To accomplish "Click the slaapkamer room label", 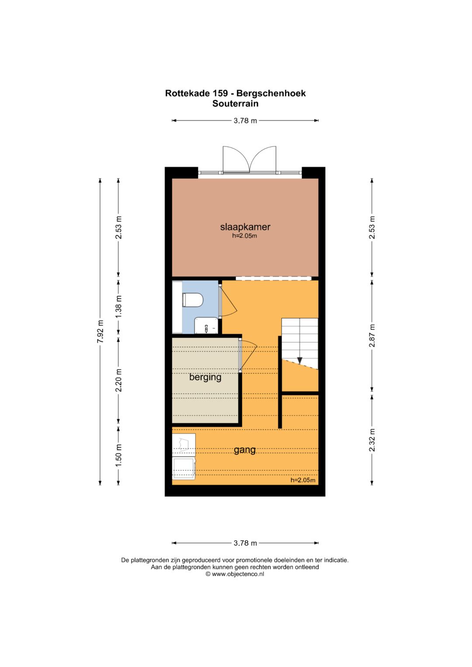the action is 245,227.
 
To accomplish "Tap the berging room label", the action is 205,377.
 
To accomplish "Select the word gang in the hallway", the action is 245,450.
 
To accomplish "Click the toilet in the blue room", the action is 192,300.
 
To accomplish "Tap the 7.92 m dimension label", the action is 101,332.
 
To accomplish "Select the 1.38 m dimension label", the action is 118,306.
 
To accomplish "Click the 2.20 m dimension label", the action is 118,380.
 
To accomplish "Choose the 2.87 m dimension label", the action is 372,335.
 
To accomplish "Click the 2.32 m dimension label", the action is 372,440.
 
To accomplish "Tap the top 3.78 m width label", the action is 245,121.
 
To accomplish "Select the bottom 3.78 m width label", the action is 245,543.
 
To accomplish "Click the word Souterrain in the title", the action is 236,104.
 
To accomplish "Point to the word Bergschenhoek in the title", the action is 271,93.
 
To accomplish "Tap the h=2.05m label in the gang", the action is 303,480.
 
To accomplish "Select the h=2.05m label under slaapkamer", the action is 245,236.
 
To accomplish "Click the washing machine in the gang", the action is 184,469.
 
